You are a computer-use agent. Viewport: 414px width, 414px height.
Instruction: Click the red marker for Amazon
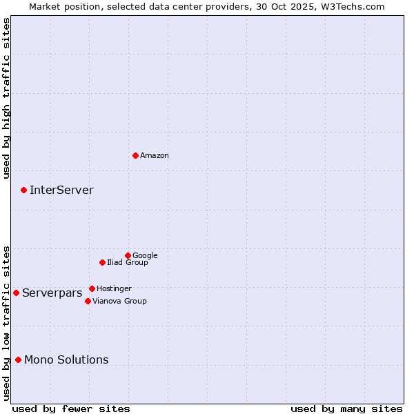(x=135, y=155)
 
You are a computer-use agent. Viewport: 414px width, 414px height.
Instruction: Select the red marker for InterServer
(x=23, y=190)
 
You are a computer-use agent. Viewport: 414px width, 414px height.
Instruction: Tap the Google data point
(x=128, y=255)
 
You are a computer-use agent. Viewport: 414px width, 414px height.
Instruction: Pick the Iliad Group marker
(x=102, y=262)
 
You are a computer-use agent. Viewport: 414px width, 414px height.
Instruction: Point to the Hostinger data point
(x=92, y=288)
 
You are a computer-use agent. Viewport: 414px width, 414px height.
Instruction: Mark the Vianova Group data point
(x=88, y=301)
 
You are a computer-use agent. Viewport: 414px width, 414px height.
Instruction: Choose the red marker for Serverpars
(x=16, y=293)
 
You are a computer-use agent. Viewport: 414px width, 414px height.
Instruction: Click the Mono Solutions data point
(x=18, y=359)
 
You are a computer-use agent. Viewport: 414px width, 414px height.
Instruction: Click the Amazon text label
(x=155, y=156)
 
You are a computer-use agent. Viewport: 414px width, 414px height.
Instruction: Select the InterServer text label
(x=61, y=190)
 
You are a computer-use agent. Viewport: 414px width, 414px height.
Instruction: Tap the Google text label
(x=145, y=256)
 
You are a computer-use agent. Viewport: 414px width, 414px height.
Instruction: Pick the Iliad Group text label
(x=128, y=263)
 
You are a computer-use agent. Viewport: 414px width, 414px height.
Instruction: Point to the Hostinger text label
(x=114, y=289)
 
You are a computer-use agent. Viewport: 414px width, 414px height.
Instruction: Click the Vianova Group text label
(x=119, y=302)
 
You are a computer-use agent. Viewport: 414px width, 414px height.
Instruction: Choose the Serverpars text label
(x=52, y=293)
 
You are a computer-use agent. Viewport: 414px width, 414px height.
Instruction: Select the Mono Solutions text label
(x=66, y=360)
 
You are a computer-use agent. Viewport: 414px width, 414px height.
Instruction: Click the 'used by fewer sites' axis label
(x=71, y=408)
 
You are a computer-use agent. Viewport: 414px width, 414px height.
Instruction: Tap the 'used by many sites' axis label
(x=346, y=408)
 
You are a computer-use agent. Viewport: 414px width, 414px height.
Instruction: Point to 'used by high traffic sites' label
(x=6, y=98)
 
